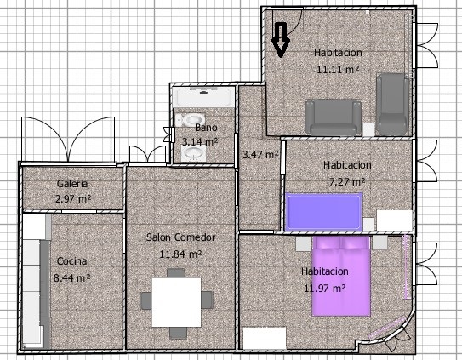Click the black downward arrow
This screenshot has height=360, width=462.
click(x=280, y=39)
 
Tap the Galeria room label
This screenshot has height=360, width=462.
click(x=72, y=184)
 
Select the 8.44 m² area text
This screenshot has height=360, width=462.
click(x=71, y=277)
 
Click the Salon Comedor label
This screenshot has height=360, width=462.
click(x=180, y=237)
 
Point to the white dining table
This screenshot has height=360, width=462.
click(x=176, y=302)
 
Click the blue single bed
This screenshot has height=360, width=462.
click(x=324, y=212)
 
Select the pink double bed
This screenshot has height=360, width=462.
click(x=341, y=276)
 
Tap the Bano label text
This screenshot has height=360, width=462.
click(x=206, y=128)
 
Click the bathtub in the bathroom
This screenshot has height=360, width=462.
click(x=203, y=97)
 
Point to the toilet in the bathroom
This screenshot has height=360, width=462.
click(x=191, y=120)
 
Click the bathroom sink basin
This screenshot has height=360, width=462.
click(x=193, y=153)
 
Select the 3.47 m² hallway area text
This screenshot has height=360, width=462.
click(x=260, y=154)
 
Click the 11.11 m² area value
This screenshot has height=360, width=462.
click(x=338, y=70)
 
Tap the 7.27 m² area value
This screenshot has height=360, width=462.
click(x=347, y=181)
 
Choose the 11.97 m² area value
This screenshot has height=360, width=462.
click(x=325, y=288)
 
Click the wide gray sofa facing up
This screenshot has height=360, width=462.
click(x=334, y=117)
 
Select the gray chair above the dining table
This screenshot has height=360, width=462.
click(x=176, y=273)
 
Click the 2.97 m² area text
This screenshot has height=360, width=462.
click(x=73, y=198)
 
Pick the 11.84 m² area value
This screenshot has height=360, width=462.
click(x=180, y=254)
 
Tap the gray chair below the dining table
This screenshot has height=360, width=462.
click(x=178, y=333)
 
